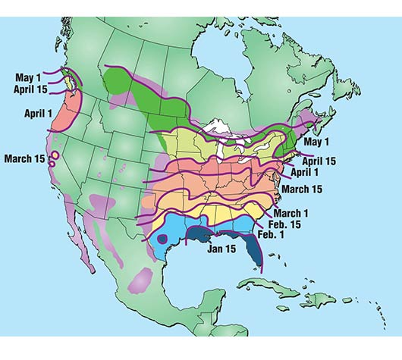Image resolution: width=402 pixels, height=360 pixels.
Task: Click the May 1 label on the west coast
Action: point(27,77)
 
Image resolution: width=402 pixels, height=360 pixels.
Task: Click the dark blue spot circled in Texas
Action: point(162,239)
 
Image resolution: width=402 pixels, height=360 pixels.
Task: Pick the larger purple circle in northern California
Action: point(55,156)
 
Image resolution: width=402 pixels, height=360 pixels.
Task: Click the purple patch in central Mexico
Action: point(140,282)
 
